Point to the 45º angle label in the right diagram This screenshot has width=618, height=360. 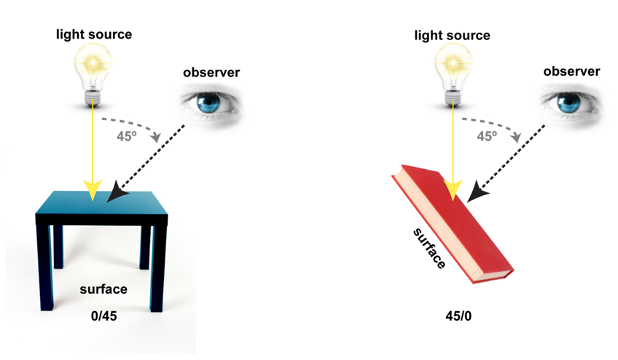tap(489, 135)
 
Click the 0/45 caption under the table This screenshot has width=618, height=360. tap(103, 316)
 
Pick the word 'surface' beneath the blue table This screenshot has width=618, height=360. tap(103, 289)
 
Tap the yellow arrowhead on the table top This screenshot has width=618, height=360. tap(93, 190)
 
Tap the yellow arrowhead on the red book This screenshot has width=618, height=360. tap(454, 191)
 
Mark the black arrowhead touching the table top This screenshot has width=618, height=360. tap(117, 194)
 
